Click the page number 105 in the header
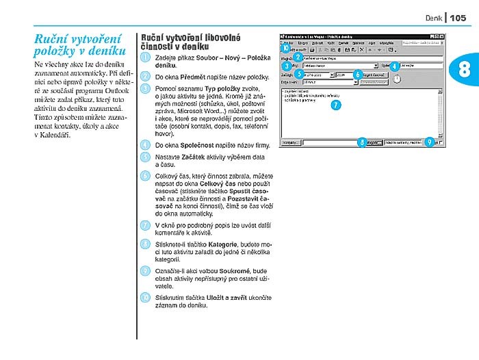tap(458, 18)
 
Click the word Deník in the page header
tap(435, 18)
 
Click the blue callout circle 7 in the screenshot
tap(335, 105)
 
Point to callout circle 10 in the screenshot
tap(285, 48)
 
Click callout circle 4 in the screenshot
tap(394, 65)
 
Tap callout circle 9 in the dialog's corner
tap(429, 142)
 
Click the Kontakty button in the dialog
tap(291, 142)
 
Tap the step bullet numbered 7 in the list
tap(145, 224)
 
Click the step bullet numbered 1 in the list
tap(145, 58)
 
